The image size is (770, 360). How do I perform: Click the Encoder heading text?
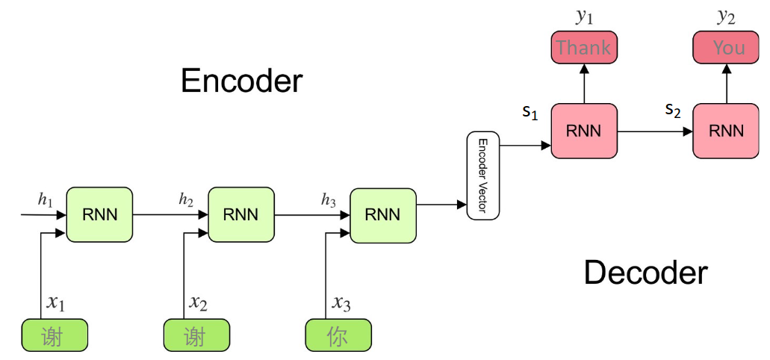241,81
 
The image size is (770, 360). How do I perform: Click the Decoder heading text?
645,273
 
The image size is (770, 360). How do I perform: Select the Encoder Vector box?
482,176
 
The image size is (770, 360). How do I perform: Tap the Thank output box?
584,48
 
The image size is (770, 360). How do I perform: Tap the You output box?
728,48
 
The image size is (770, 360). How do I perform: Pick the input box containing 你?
338,335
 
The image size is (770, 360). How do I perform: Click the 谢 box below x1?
55,335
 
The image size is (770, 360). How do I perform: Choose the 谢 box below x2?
196,335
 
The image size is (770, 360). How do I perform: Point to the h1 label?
46,199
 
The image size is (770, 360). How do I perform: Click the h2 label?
186,199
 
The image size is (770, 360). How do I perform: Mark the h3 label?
328,199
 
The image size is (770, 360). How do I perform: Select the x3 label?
341,302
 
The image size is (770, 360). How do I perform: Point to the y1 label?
584,16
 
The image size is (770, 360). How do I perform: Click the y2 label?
726,16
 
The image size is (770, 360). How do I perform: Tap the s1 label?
530,113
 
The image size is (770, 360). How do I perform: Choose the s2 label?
673,111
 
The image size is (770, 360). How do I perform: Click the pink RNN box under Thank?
584,131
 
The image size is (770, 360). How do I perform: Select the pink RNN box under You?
726,131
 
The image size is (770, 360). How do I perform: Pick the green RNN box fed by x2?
240,214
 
